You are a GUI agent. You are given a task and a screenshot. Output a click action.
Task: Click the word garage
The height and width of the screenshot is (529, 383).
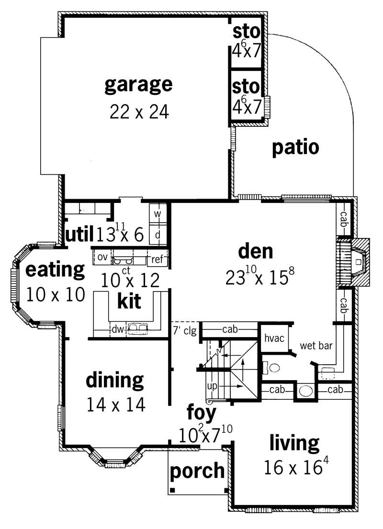138,85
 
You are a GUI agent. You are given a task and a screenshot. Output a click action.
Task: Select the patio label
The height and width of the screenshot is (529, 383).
295,148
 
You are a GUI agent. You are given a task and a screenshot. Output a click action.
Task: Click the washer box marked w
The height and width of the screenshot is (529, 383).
157,214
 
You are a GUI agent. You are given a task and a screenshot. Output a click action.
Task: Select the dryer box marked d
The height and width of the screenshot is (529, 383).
157,235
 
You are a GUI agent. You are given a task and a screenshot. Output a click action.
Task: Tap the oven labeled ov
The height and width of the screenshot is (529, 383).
102,257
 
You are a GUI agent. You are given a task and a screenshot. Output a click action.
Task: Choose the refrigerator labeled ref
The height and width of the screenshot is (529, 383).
157,259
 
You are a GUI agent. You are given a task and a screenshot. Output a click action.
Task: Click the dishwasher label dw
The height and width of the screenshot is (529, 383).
117,329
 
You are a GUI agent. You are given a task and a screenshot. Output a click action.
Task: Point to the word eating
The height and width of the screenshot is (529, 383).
55,270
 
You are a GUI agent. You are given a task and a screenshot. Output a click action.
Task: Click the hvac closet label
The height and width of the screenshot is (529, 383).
274,338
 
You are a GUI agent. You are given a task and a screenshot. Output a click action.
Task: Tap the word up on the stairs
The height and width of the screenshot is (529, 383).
212,385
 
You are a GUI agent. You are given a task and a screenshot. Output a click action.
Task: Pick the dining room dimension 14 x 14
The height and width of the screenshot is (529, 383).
115,405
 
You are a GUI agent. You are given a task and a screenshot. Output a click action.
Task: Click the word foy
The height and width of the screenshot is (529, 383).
201,412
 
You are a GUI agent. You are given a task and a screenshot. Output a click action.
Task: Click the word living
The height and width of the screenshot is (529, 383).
294,443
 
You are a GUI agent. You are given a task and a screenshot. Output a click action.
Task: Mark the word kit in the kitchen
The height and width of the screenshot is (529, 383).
129,302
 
